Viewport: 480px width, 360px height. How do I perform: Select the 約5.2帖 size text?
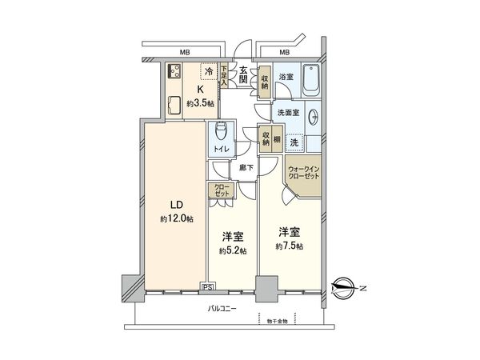tap(233, 250)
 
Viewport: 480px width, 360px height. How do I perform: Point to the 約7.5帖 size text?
tap(290, 246)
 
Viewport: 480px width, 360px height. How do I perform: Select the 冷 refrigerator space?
tap(209, 72)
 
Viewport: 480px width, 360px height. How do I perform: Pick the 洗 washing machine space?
tap(295, 142)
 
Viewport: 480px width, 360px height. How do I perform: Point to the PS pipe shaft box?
tap(208, 286)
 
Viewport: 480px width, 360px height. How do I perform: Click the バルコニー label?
tap(222, 308)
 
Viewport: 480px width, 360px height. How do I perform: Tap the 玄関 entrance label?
tap(243, 75)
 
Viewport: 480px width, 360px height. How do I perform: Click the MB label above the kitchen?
tap(184, 52)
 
